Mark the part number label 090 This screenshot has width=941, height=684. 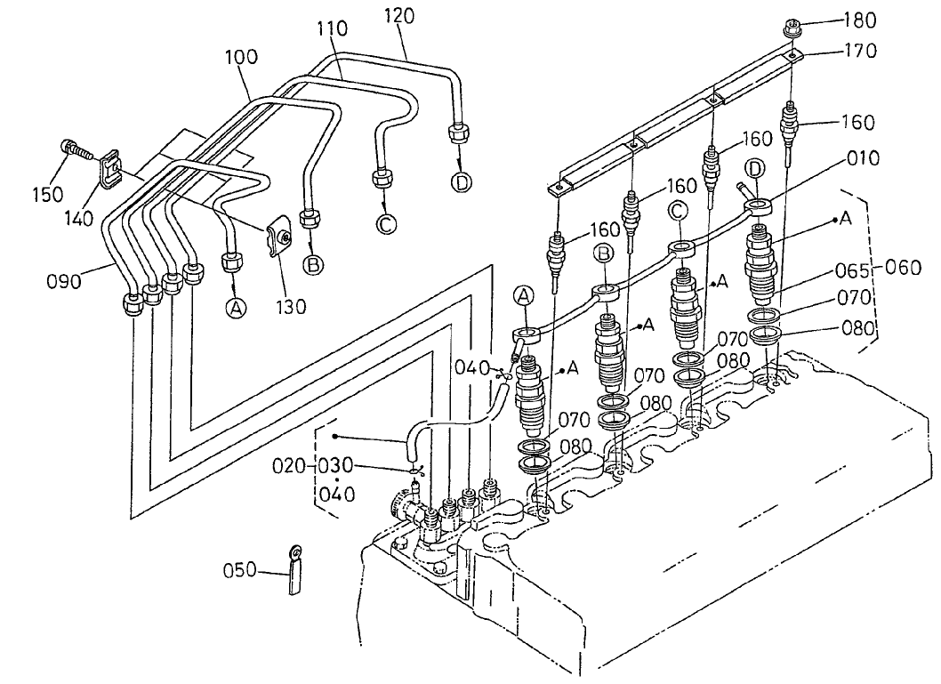65,282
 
